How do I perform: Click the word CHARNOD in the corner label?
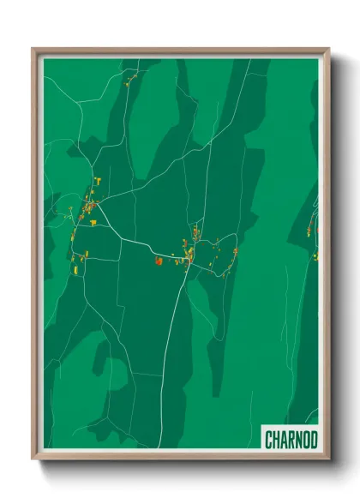coord(291,441)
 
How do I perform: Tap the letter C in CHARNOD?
coord(269,441)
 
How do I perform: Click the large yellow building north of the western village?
coord(99,181)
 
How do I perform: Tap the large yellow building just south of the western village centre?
coord(93,222)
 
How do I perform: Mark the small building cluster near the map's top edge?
coord(129,82)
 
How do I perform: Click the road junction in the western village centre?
coord(92,206)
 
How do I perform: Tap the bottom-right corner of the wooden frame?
coord(328,459)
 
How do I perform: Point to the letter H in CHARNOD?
coord(277,441)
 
